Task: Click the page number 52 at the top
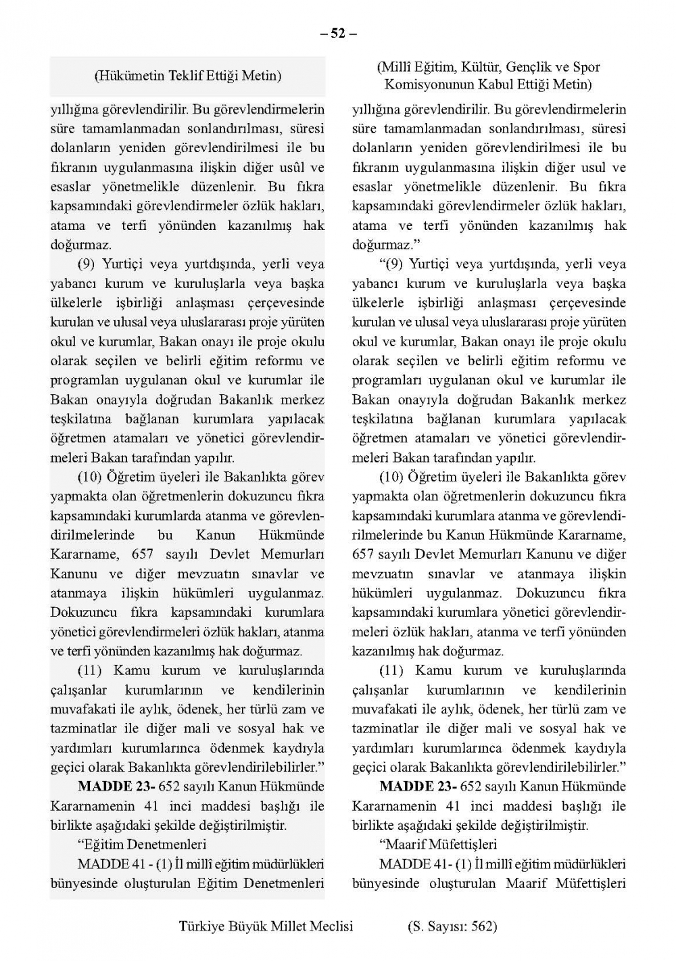338,32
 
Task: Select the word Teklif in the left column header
181,76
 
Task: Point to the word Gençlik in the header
530,67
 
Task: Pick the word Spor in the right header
586,67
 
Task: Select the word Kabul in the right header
486,85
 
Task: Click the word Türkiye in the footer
201,927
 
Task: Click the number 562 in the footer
482,927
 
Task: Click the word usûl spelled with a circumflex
285,167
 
